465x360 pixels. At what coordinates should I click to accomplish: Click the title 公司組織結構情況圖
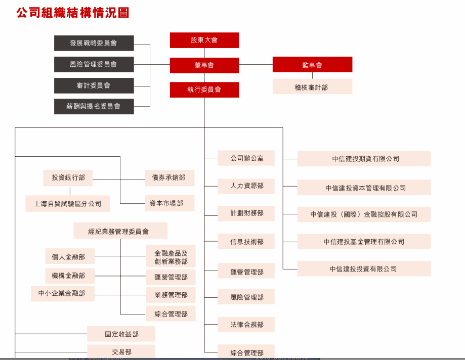point(73,13)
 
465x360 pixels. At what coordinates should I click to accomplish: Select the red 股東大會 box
point(204,40)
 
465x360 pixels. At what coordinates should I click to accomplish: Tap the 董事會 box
point(204,65)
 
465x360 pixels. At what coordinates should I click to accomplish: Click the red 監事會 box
point(312,65)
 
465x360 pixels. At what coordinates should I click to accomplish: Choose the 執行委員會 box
point(204,90)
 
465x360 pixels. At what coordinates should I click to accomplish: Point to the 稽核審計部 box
point(312,86)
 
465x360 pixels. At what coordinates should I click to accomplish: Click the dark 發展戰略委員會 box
point(94,43)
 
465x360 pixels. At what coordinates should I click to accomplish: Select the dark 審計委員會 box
point(94,85)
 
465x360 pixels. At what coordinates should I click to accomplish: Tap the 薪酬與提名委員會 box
point(94,106)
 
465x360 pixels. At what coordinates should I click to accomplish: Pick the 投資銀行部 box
point(68,178)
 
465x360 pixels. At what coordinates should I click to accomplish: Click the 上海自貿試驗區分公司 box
point(68,204)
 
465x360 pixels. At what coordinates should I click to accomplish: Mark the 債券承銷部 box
point(170,178)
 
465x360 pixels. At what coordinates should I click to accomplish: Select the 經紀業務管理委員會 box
point(120,231)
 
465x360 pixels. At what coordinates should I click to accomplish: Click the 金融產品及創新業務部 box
point(171,256)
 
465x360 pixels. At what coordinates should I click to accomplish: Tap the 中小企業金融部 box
point(63,293)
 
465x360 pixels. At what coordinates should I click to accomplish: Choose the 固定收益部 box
point(121,334)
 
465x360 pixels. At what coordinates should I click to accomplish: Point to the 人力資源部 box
point(246,186)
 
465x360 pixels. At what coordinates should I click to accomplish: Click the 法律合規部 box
point(246,325)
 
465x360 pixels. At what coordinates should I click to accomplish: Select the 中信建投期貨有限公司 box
point(364,159)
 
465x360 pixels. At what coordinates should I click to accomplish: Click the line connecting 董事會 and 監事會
point(256,64)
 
